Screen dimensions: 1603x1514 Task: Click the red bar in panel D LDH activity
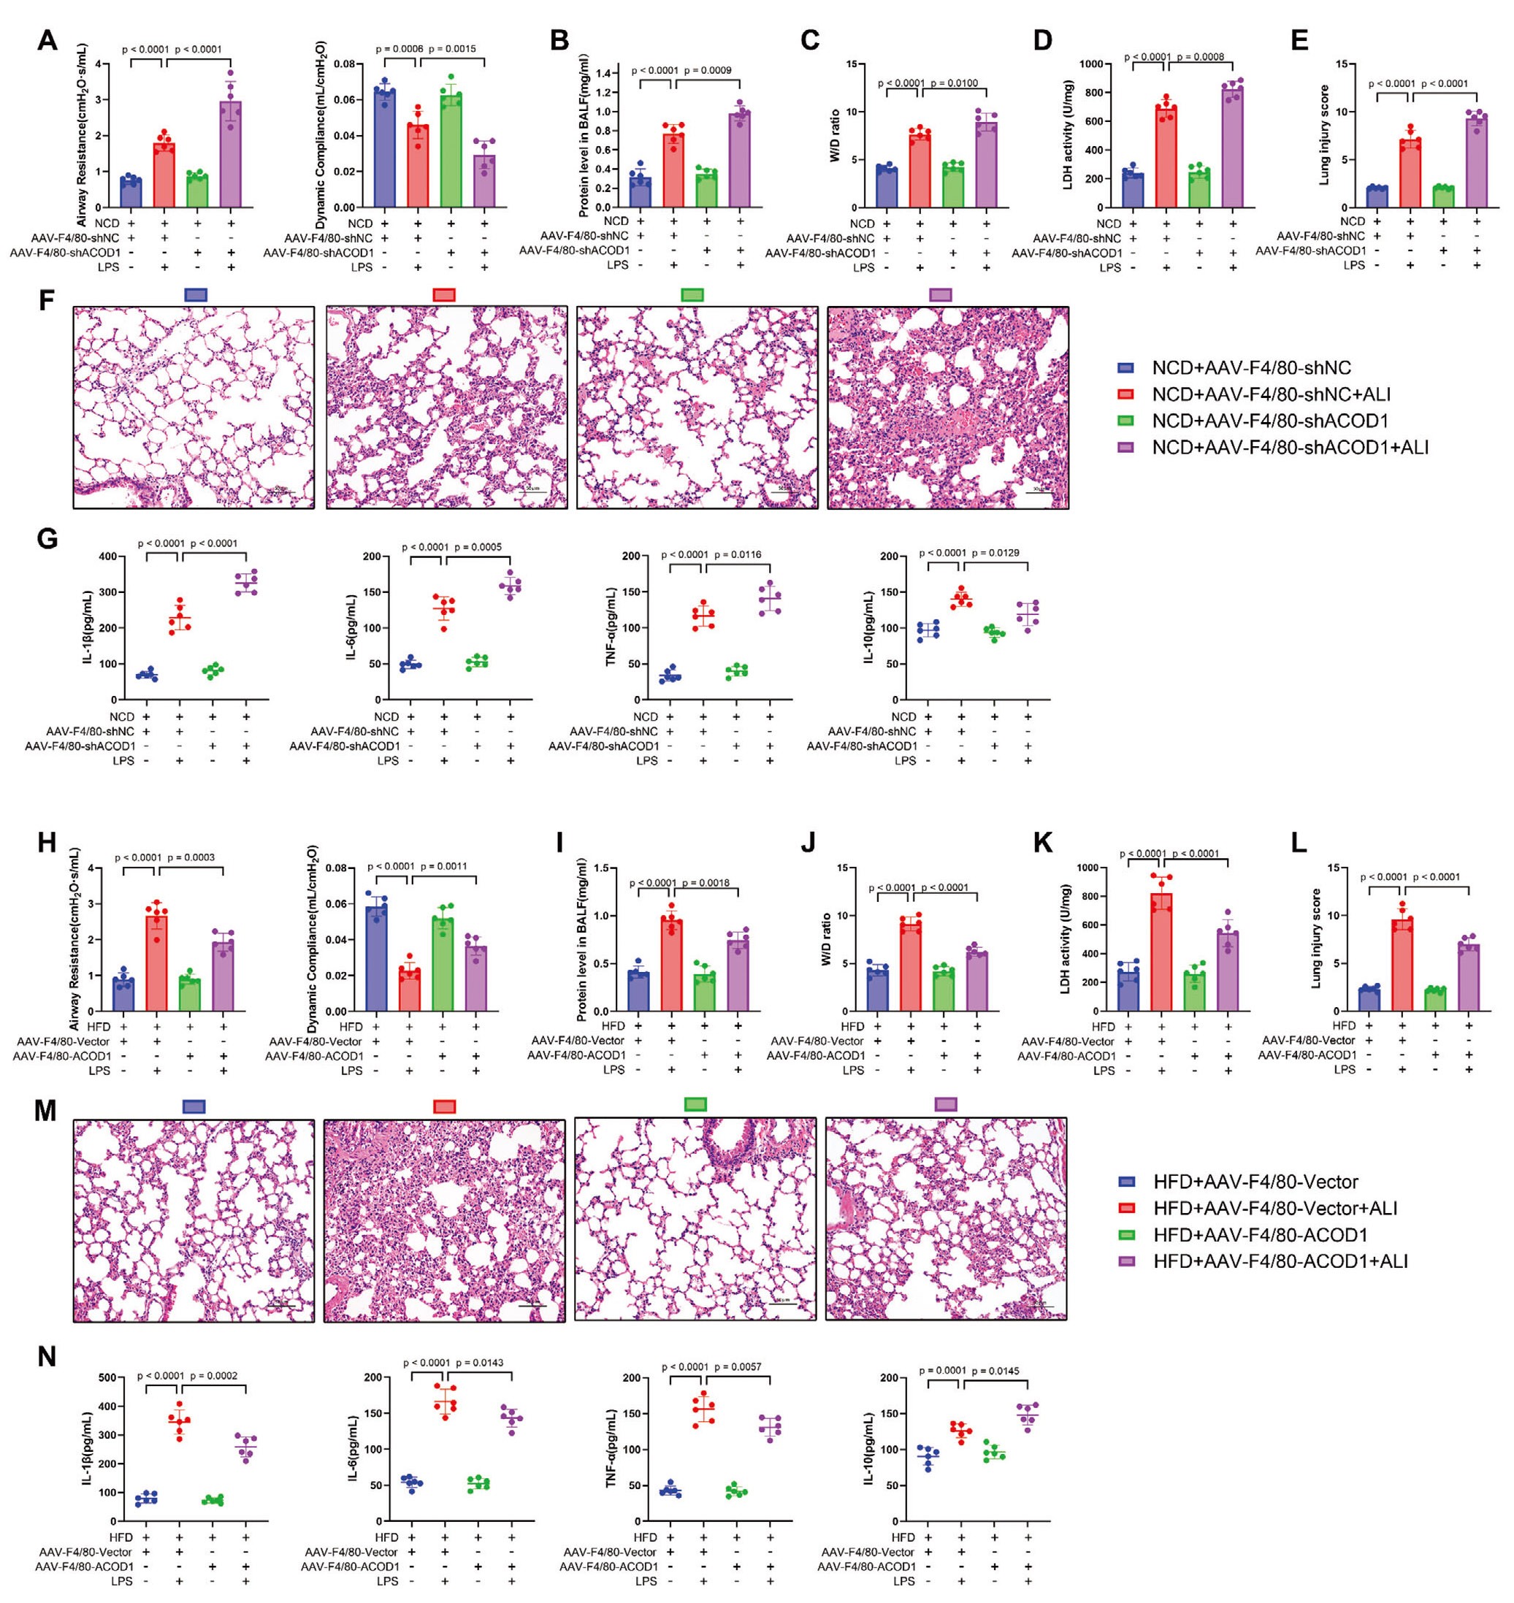click(1166, 158)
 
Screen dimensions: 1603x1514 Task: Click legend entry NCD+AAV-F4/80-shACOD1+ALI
click(1290, 447)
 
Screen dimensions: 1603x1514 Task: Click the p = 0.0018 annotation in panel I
click(706, 883)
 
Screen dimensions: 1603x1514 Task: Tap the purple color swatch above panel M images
click(945, 1105)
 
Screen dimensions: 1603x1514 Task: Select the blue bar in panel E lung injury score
click(1377, 198)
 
